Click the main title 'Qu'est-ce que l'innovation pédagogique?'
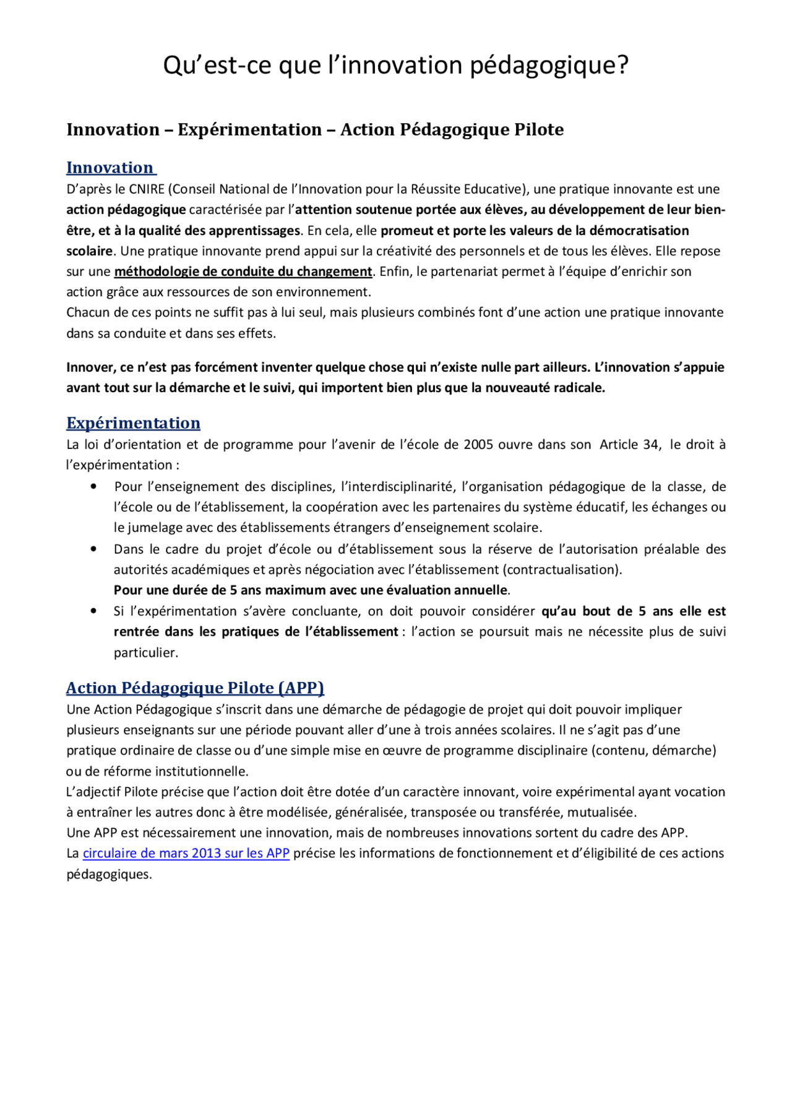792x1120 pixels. (x=395, y=66)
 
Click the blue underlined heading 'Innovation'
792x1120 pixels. (x=110, y=168)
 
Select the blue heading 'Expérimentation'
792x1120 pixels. (x=133, y=423)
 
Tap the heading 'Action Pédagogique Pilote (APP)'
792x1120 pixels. (x=195, y=688)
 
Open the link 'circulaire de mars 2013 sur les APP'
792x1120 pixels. (x=186, y=853)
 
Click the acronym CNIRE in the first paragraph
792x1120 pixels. (x=147, y=189)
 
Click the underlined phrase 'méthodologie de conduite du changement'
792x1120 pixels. (x=243, y=271)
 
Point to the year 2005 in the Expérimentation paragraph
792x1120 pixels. (x=478, y=445)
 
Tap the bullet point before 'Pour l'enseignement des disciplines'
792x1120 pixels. (x=93, y=487)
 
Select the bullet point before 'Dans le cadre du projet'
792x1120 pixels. (x=93, y=549)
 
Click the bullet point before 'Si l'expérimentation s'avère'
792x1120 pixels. (x=93, y=611)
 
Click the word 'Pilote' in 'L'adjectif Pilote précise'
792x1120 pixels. (x=140, y=792)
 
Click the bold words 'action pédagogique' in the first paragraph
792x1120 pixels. (x=126, y=210)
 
